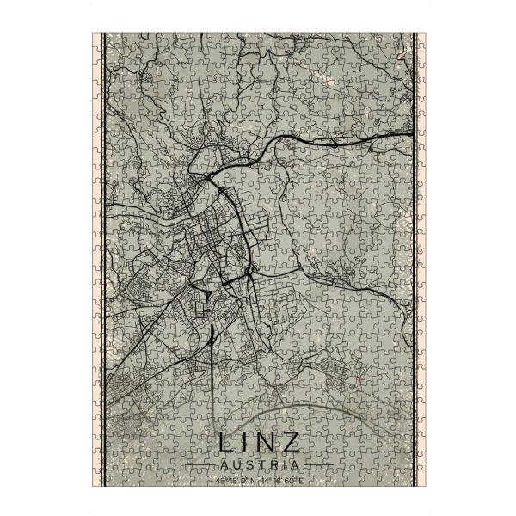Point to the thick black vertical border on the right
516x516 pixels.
pos(415,258)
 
